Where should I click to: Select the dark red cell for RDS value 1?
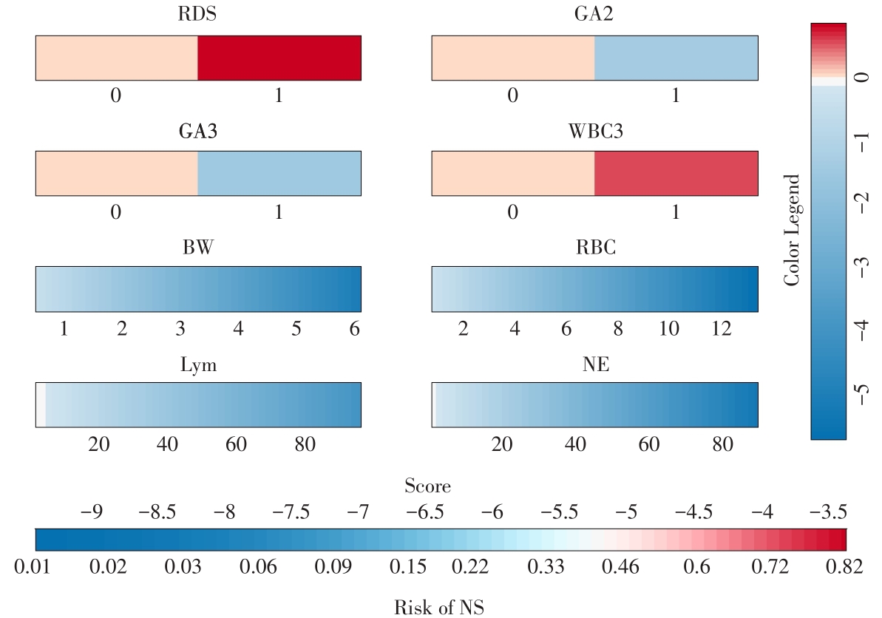click(279, 58)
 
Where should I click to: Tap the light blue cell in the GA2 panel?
click(676, 58)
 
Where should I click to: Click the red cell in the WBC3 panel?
click(676, 174)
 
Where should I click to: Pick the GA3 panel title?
click(198, 132)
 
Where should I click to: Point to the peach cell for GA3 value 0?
click(117, 174)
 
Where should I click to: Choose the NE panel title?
click(595, 364)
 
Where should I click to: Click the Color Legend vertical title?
click(792, 230)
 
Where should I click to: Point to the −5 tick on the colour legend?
click(862, 390)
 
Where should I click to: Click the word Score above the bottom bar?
click(427, 486)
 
